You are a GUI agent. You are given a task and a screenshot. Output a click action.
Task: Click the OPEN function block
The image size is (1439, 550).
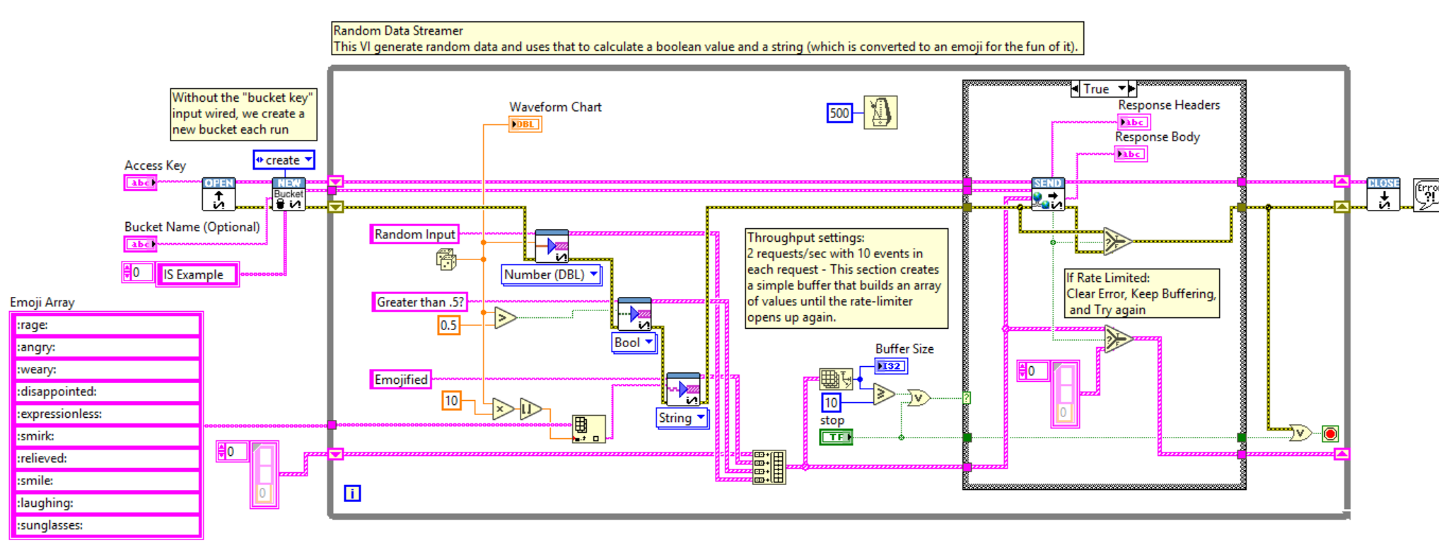(x=219, y=194)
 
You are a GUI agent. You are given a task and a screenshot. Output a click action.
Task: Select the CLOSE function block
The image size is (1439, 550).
(x=1383, y=194)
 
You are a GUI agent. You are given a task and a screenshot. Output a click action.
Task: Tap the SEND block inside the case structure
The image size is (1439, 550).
(x=1048, y=194)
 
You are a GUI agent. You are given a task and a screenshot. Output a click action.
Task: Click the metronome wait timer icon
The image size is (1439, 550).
(x=880, y=112)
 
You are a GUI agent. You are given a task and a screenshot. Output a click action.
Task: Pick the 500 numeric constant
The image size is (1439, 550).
(x=839, y=113)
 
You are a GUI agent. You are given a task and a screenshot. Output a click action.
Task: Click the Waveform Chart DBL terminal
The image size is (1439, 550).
(x=525, y=124)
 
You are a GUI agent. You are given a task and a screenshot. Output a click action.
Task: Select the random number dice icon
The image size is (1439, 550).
(x=446, y=259)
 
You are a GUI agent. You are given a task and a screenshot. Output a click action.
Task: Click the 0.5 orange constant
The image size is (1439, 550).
(x=448, y=325)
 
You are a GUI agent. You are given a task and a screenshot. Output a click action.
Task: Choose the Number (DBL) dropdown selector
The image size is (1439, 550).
(x=551, y=274)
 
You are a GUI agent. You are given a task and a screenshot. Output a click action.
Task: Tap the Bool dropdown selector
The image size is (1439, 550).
(x=634, y=342)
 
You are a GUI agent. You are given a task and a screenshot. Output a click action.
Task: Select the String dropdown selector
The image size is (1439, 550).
(x=682, y=418)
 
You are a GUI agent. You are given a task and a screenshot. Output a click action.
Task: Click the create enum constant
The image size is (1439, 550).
(x=284, y=160)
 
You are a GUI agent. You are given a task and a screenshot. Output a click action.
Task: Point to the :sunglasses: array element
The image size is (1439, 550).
(x=106, y=525)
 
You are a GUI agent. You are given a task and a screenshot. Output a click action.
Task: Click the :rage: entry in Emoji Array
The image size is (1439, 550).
(x=106, y=325)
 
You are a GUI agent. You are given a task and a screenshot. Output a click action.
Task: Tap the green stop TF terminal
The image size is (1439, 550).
(x=836, y=437)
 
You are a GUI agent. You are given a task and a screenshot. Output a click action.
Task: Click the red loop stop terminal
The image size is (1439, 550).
(x=1330, y=433)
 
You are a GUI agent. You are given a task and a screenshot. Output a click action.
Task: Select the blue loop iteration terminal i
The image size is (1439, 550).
(x=352, y=493)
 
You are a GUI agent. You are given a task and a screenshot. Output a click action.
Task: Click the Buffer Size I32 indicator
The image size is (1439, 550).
(x=890, y=366)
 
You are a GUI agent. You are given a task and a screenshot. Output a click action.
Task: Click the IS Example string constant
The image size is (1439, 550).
(x=197, y=274)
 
